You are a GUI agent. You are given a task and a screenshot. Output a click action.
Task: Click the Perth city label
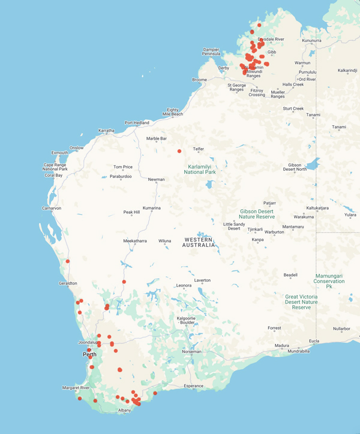pos(89,354)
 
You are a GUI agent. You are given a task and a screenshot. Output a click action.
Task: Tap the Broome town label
pos(199,80)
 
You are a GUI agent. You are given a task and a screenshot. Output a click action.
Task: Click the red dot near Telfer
pos(179,151)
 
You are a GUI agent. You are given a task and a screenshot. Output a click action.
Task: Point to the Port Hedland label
pos(137,123)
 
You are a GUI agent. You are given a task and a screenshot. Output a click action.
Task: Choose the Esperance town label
pos(194,386)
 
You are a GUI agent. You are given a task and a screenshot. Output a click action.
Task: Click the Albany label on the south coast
pos(124,410)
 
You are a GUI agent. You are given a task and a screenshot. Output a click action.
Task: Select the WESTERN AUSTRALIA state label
pos(199,242)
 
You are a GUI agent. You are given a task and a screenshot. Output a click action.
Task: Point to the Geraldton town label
pos(68,283)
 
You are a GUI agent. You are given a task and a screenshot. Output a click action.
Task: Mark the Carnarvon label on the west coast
pos(52,208)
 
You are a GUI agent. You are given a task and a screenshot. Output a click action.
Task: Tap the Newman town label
pos(157,179)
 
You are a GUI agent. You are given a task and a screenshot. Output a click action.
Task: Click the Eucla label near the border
pos(314,341)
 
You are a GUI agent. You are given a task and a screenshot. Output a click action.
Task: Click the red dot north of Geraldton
pos(68,261)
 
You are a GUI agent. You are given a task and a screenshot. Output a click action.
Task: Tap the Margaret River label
pos(76,388)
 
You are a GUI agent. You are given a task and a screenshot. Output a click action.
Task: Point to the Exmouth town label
pos(60,152)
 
